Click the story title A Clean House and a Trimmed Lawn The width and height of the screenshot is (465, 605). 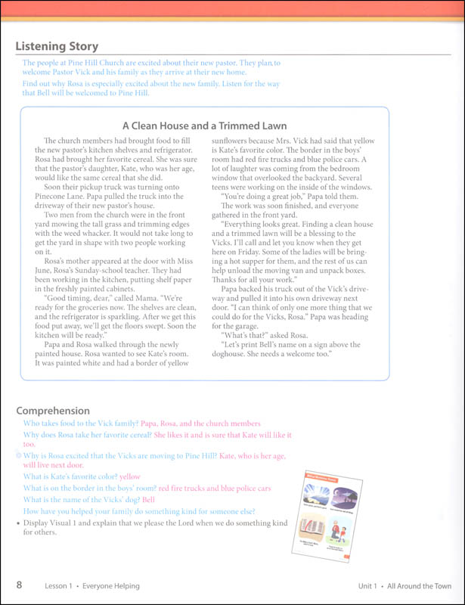pos(204,126)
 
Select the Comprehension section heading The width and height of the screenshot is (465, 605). pos(53,411)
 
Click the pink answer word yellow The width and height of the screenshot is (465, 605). pos(130,477)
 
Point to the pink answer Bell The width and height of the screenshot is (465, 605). pos(148,500)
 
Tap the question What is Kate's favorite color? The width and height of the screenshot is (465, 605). pos(70,477)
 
